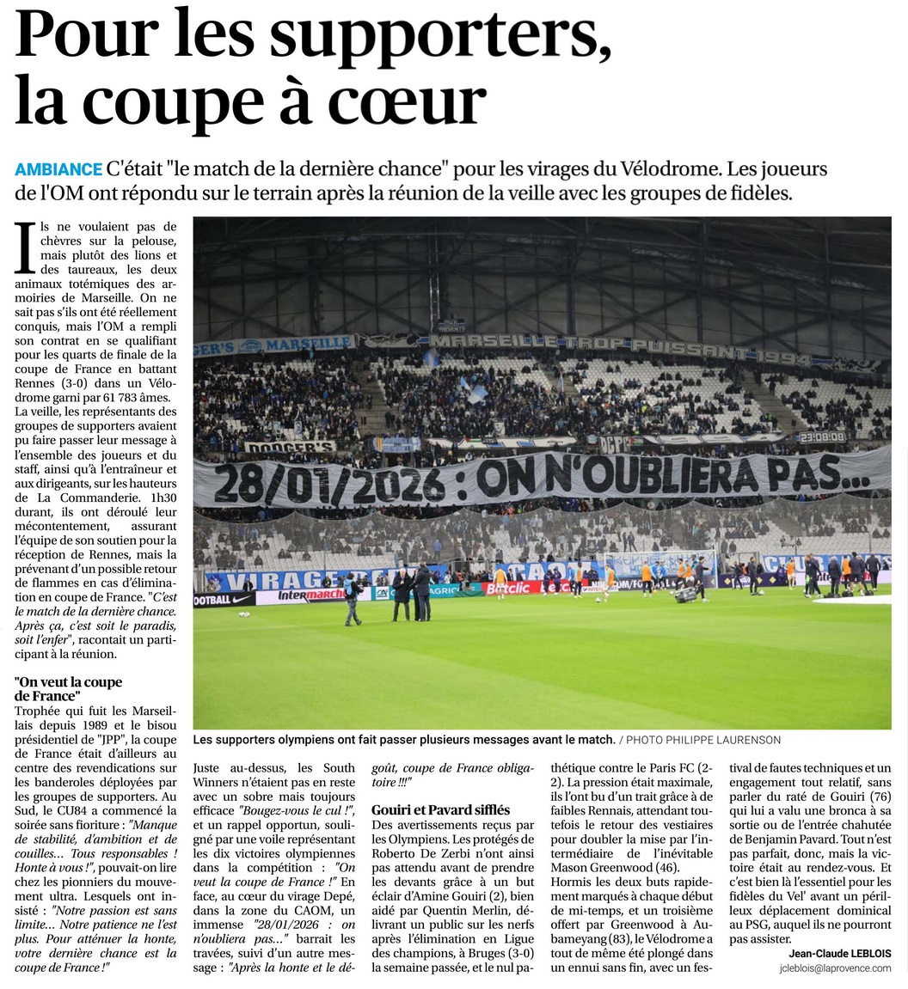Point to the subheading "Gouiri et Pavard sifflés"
[x=440, y=809]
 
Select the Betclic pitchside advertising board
[x=507, y=589]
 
